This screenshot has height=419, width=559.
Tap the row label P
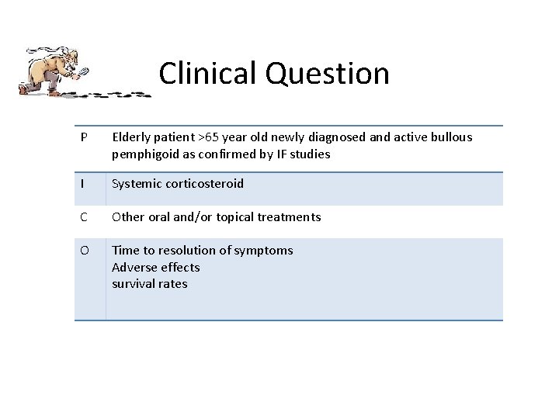tap(84, 137)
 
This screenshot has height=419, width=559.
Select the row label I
tap(82, 184)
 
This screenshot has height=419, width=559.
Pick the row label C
tap(84, 217)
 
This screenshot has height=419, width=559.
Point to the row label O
tap(85, 251)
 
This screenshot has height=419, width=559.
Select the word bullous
tap(449, 137)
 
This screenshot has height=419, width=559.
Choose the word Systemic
tap(137, 184)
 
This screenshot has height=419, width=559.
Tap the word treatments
tap(289, 217)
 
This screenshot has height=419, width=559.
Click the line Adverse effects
tap(155, 268)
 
